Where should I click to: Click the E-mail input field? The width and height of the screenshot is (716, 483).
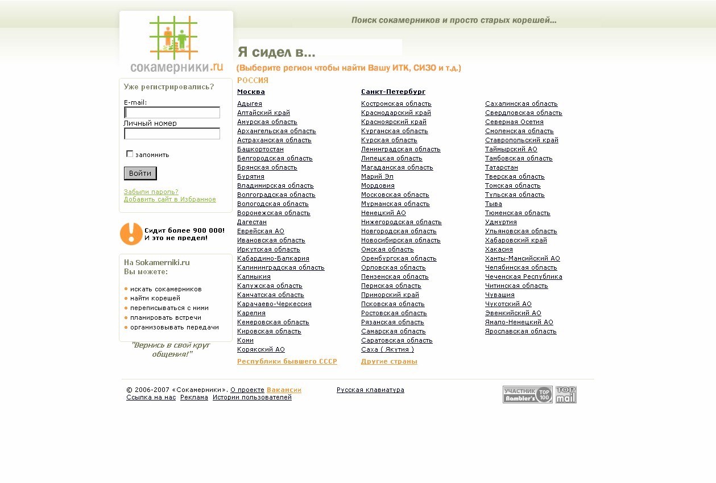172,113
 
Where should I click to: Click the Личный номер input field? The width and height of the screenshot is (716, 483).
172,134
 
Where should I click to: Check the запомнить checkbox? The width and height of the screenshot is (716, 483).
130,154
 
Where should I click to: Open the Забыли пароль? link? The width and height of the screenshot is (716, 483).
151,192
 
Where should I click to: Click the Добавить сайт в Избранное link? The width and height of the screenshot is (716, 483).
169,199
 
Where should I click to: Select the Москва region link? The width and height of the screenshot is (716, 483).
251,92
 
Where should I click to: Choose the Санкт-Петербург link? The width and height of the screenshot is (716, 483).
393,92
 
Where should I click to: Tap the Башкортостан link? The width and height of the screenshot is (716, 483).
260,149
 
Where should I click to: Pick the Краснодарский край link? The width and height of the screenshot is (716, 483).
396,113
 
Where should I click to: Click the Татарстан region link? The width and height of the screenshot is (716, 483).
501,167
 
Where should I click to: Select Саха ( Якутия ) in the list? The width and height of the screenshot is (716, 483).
387,349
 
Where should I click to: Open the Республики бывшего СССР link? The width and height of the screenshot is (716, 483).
287,361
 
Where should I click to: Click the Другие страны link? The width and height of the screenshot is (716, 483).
389,361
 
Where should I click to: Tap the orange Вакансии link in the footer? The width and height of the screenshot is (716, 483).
284,390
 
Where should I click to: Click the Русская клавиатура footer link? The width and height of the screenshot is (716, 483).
370,390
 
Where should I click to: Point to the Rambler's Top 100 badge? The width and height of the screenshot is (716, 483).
527,394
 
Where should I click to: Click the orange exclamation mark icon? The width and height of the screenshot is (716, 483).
131,234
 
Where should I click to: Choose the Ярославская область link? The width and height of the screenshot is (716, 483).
520,331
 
